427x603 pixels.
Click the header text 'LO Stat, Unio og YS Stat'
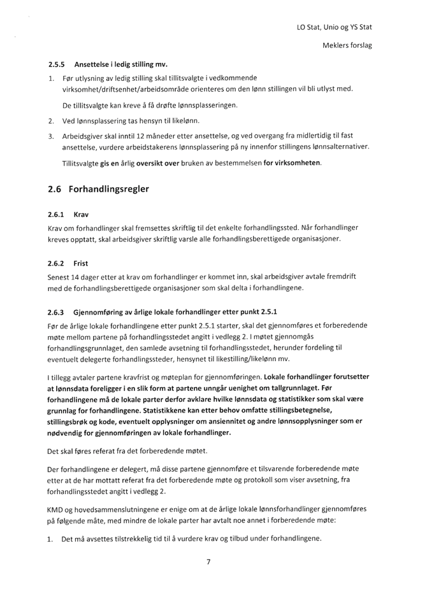334,27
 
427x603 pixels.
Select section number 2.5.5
57,64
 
